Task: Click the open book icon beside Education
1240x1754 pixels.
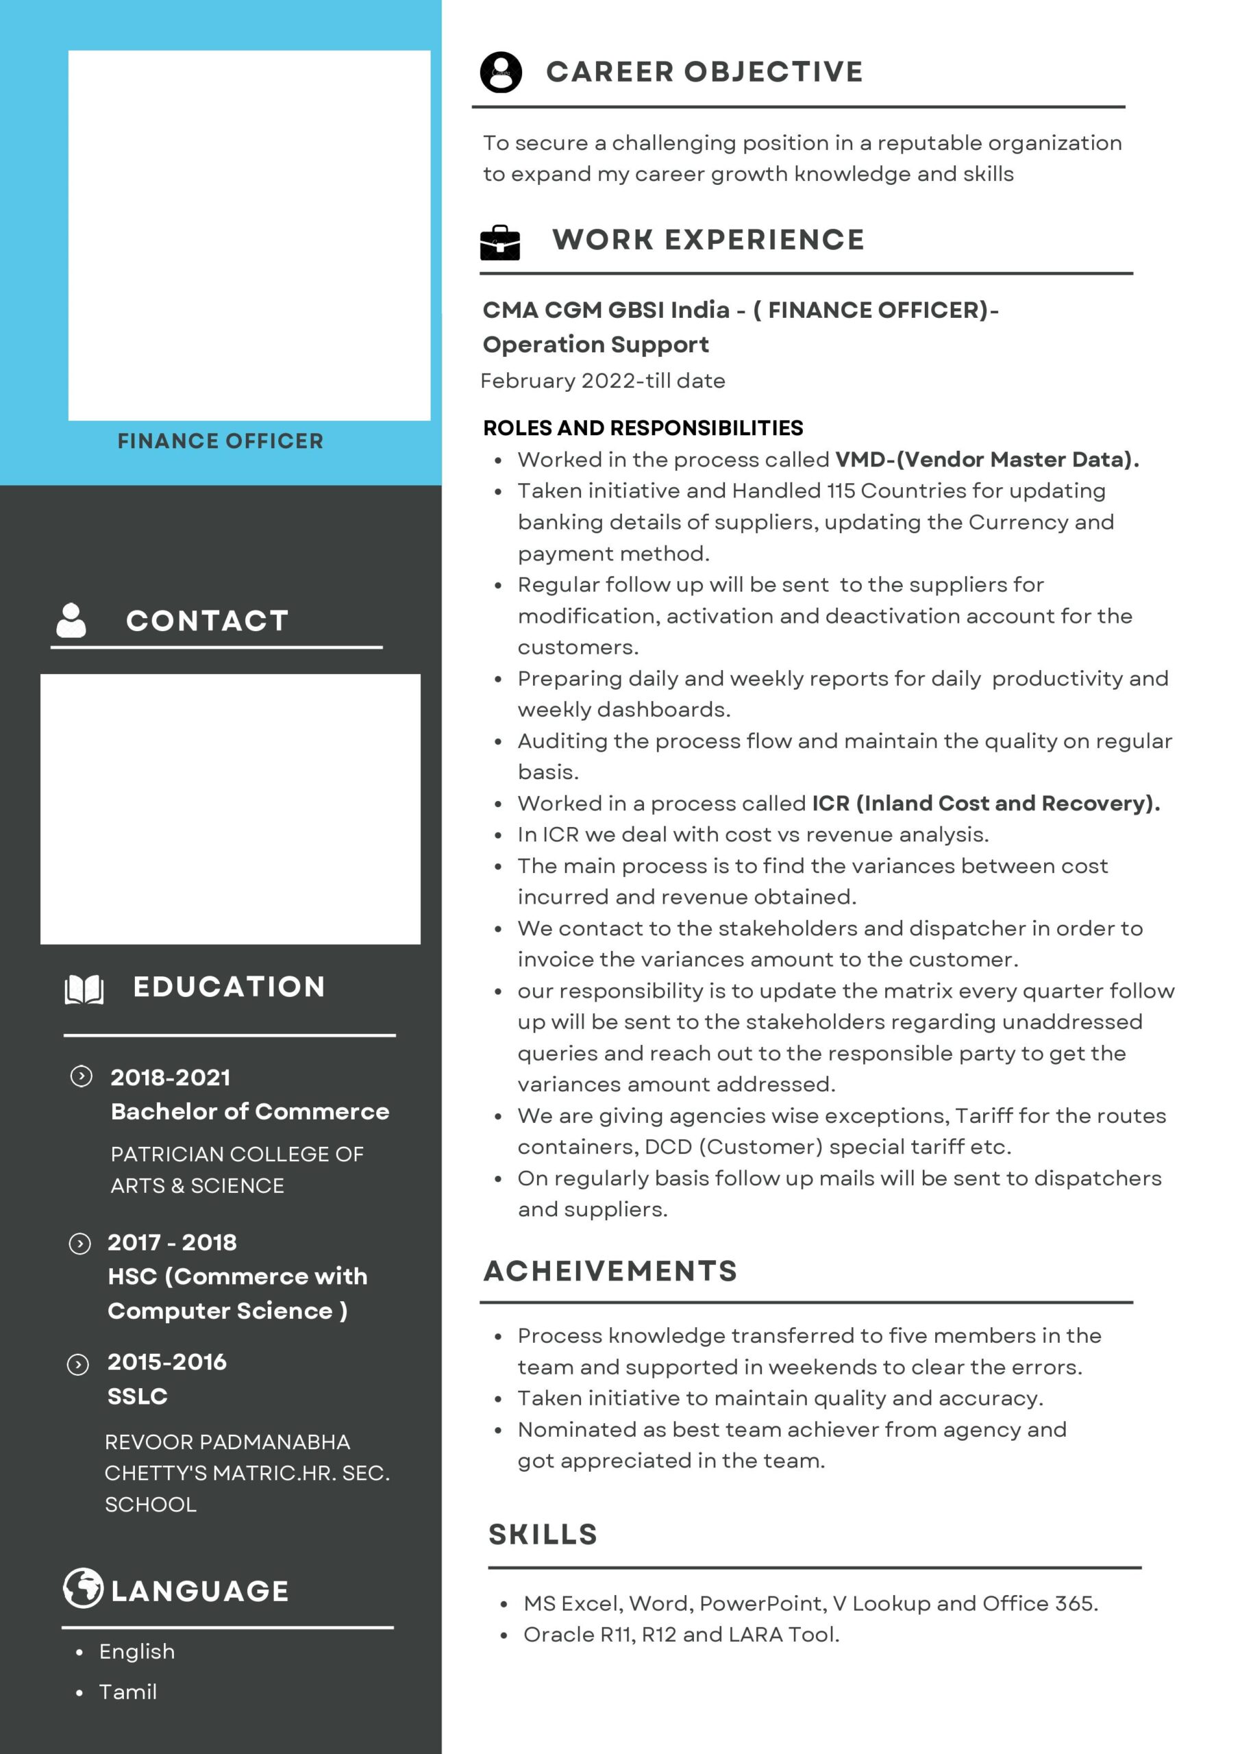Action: tap(84, 989)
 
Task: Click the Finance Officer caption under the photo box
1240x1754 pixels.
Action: tap(220, 441)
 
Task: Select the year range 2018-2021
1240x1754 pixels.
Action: tap(171, 1077)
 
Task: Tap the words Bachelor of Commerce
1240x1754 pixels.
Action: tap(250, 1111)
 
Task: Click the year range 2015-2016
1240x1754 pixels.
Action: tap(166, 1361)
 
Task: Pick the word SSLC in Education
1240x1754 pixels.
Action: tap(138, 1396)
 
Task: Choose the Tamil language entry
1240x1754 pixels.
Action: tap(127, 1692)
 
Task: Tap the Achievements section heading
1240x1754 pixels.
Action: tap(610, 1270)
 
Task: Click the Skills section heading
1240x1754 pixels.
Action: tap(543, 1534)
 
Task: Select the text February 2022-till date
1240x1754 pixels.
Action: tap(603, 380)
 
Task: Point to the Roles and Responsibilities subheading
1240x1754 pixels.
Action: tap(643, 428)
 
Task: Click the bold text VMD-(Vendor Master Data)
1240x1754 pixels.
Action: tap(987, 459)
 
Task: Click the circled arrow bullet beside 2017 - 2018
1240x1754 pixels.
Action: tap(79, 1244)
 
